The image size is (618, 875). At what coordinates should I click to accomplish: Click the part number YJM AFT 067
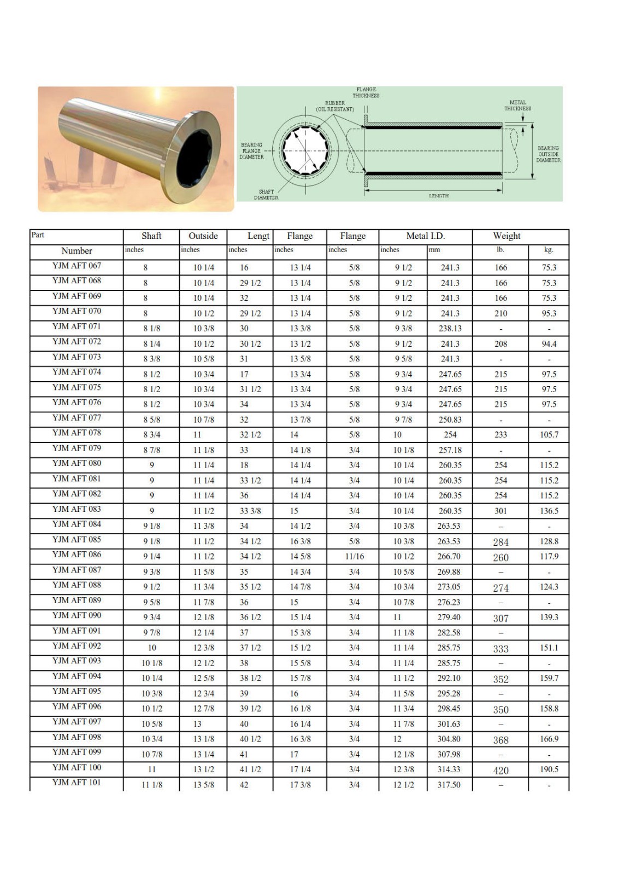click(x=76, y=266)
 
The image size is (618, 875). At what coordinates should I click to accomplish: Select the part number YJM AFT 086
click(x=76, y=555)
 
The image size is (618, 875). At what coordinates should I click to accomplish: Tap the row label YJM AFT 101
click(x=76, y=783)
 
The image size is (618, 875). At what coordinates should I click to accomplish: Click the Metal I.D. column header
click(x=425, y=236)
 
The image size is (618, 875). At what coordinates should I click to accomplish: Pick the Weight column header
click(x=507, y=236)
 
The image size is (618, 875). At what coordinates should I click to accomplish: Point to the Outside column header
click(x=203, y=236)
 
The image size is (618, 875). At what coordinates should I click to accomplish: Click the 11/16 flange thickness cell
click(x=354, y=557)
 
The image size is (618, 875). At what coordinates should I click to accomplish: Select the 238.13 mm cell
click(x=450, y=329)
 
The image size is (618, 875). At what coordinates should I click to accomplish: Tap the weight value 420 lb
click(x=501, y=770)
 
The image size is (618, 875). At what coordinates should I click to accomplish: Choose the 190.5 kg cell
click(x=549, y=769)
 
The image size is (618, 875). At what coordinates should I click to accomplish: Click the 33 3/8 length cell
click(x=250, y=511)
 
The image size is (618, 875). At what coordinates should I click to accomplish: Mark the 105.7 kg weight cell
click(x=549, y=435)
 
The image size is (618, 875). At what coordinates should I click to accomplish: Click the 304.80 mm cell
click(x=449, y=739)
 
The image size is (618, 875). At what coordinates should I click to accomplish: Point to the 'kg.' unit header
click(x=549, y=250)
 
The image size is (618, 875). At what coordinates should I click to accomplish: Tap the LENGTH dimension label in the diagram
click(x=438, y=196)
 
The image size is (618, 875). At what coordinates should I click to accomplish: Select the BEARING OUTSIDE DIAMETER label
click(x=548, y=154)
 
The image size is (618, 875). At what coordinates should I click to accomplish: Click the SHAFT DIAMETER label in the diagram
click(x=266, y=195)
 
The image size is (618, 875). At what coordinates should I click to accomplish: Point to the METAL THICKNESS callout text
click(x=517, y=105)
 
